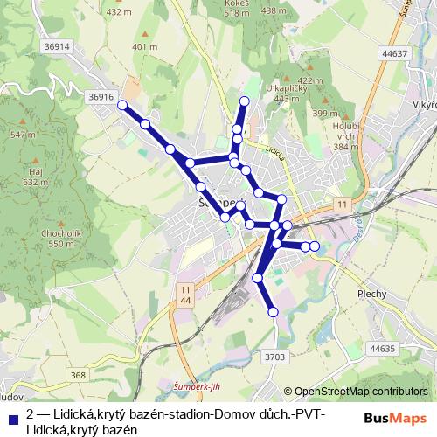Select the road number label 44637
395,54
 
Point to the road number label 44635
383,349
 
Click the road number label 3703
274,356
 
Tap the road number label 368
79,375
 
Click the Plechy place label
371,294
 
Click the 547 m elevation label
24,135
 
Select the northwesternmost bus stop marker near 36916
122,106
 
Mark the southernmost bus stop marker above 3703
273,311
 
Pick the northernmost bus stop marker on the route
245,102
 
